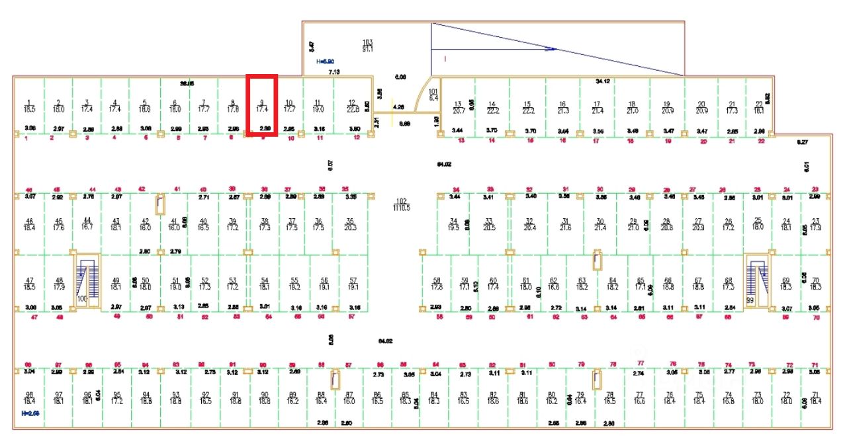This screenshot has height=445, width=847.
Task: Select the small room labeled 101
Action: point(434,95)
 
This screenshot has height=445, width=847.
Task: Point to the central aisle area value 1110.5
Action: point(401,208)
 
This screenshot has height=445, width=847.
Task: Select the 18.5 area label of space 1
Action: point(30,108)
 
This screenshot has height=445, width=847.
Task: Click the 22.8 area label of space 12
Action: point(353,109)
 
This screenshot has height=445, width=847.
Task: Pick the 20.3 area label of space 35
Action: point(351,227)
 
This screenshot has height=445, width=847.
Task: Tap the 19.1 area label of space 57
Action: point(353,287)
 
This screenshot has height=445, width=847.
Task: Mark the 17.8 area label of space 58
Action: point(437,287)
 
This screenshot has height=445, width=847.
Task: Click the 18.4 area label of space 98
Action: point(29,401)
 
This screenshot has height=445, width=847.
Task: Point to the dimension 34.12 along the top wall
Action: point(602,81)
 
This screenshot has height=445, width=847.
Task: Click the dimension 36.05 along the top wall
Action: point(187,84)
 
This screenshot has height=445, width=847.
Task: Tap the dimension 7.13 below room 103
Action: point(334,71)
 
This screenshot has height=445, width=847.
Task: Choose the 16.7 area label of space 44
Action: point(87,227)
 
